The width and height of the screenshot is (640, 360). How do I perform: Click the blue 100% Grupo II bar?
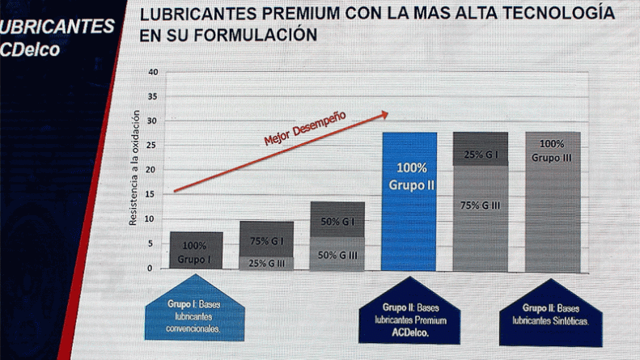point(409,201)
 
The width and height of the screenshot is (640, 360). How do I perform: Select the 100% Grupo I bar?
point(195,250)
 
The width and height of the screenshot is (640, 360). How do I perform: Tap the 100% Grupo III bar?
point(553,201)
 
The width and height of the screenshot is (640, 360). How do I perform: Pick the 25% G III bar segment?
point(266,262)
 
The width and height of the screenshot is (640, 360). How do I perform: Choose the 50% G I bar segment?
point(337,220)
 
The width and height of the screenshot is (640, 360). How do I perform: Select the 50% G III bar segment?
point(337,253)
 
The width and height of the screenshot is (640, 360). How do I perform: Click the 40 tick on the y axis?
point(153,72)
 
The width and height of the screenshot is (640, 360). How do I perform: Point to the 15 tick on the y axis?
point(153,194)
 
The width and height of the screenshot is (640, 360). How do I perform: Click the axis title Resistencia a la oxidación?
point(135,171)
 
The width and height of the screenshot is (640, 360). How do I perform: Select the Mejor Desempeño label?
point(305,128)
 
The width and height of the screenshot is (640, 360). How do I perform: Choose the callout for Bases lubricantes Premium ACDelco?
point(409,316)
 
